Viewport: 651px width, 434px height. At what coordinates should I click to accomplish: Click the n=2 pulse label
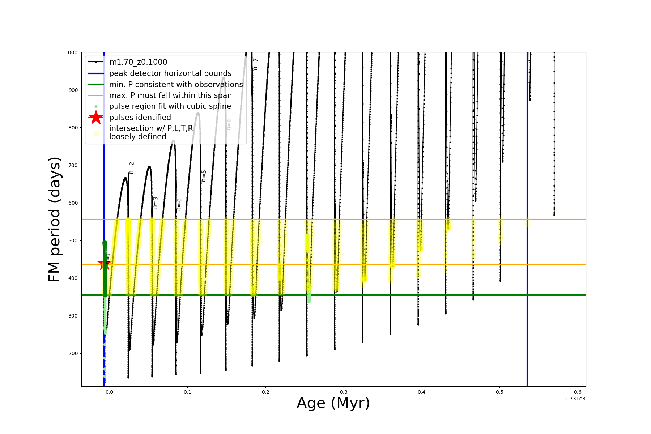[132, 168]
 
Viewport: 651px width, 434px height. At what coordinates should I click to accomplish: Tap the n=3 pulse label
[156, 203]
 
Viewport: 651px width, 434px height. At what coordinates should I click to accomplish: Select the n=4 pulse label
[179, 205]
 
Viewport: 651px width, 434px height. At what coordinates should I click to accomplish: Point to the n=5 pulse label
[204, 176]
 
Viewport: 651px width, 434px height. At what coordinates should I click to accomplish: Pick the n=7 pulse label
[255, 64]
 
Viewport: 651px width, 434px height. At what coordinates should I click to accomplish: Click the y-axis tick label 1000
[71, 52]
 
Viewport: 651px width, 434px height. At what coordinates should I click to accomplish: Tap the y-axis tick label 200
[73, 353]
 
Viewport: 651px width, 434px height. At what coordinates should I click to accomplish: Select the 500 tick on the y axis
[73, 241]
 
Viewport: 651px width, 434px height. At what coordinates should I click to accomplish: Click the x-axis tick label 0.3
[344, 392]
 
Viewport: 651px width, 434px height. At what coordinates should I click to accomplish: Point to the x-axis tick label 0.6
[578, 392]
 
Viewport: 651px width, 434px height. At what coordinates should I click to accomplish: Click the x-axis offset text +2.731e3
[573, 399]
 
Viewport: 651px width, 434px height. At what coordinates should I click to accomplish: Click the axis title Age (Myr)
[333, 403]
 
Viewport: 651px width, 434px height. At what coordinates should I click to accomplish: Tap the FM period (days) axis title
[55, 220]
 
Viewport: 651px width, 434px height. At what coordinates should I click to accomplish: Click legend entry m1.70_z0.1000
[138, 62]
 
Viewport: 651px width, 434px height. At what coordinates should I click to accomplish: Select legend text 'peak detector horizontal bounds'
[170, 73]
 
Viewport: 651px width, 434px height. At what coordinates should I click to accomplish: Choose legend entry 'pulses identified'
[140, 118]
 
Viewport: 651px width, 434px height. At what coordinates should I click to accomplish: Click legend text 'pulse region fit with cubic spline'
[170, 106]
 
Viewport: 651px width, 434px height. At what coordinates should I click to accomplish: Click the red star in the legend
[96, 118]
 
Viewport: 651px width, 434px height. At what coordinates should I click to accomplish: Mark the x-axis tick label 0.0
[109, 392]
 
